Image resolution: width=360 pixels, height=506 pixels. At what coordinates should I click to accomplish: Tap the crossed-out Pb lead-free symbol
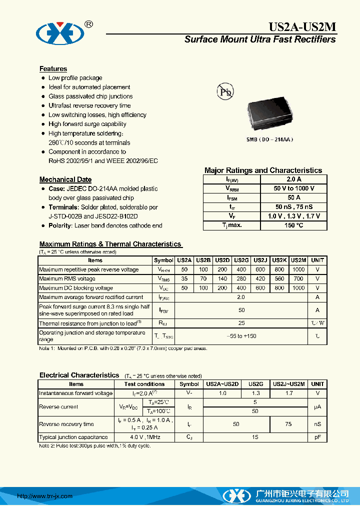point(224,91)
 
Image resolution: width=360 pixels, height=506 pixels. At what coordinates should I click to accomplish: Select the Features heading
point(53,69)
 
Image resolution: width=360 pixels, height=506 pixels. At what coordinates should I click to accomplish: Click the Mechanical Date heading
point(65,179)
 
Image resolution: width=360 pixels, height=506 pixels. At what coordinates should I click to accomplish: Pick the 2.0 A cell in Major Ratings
point(293,179)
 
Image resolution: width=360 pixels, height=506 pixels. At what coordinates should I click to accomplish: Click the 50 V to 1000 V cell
point(293,188)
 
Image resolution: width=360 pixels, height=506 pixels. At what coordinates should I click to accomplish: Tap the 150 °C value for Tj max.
point(293,225)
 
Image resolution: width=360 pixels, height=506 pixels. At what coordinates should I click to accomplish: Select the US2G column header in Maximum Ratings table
point(241,260)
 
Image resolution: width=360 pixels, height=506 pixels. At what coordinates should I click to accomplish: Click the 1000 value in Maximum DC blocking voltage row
point(298,288)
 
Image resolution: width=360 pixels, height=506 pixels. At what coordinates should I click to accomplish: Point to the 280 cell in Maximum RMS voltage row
point(241,279)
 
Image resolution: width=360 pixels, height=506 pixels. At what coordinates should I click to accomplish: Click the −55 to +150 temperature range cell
point(241,336)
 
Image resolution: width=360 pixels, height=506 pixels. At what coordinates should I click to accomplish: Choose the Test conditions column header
point(144,384)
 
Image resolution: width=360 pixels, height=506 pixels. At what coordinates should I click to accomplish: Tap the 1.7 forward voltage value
point(289,393)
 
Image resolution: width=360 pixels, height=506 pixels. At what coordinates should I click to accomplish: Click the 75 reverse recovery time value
point(289,424)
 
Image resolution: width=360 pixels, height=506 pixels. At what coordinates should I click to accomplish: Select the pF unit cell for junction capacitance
point(317,437)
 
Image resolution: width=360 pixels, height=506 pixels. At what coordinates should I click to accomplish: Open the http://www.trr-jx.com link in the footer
point(45,496)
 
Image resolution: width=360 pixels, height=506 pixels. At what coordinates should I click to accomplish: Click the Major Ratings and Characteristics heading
point(263,170)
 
